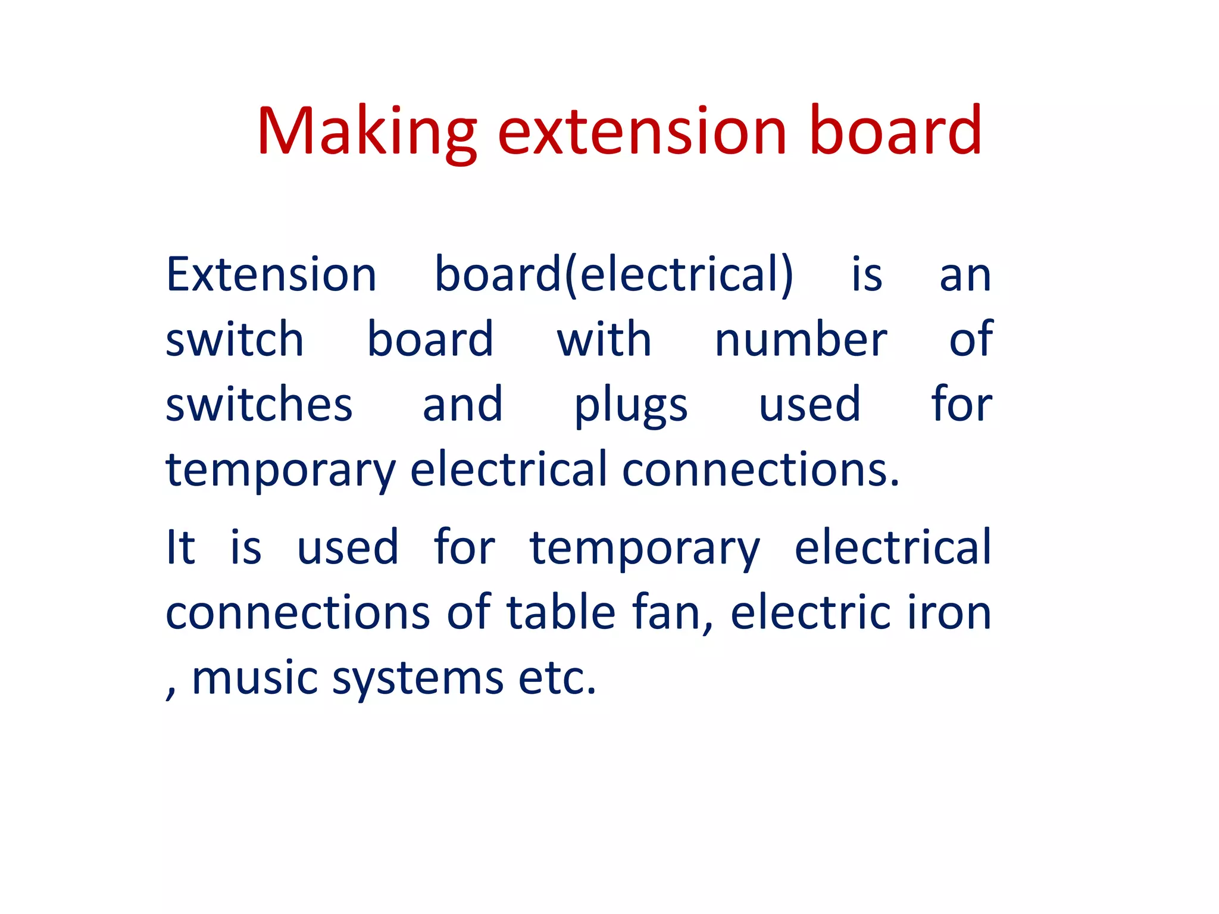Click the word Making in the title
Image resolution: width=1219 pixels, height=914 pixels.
coord(366,132)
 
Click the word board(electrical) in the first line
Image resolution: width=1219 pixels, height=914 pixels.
coord(614,275)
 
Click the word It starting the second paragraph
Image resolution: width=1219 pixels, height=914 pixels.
coord(180,547)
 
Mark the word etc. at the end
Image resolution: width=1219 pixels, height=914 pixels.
coord(557,678)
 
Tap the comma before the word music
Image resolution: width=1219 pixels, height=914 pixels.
coord(171,690)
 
